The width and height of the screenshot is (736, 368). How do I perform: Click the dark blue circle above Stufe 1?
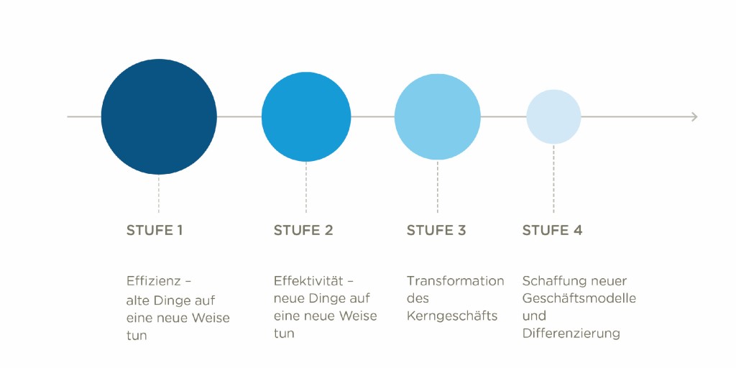[x=159, y=117]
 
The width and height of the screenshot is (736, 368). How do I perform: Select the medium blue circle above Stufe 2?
[x=306, y=117]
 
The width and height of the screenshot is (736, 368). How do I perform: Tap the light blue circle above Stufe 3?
[x=438, y=117]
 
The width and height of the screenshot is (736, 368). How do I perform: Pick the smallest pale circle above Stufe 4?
[x=553, y=117]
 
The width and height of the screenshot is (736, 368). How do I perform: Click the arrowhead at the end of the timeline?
[x=695, y=117]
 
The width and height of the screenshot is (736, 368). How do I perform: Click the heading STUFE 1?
[x=155, y=231]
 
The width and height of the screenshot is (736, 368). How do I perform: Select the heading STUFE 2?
[x=303, y=231]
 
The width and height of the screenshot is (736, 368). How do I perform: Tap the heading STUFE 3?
[x=436, y=231]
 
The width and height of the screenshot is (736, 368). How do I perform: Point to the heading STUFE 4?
[x=552, y=231]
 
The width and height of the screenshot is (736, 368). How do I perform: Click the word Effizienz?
[x=153, y=281]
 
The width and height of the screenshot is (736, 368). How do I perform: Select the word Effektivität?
[x=308, y=281]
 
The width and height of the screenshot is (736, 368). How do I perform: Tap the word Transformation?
[x=455, y=281]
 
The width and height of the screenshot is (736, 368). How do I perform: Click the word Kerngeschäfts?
[x=452, y=316]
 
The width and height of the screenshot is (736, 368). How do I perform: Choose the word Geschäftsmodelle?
[x=579, y=298]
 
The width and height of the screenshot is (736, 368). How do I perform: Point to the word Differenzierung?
[x=571, y=333]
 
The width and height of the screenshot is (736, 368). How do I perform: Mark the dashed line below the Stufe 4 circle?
[x=553, y=179]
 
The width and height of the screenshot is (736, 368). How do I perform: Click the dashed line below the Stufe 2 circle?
[x=306, y=188]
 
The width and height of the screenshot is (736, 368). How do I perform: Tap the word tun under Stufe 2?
[x=284, y=333]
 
